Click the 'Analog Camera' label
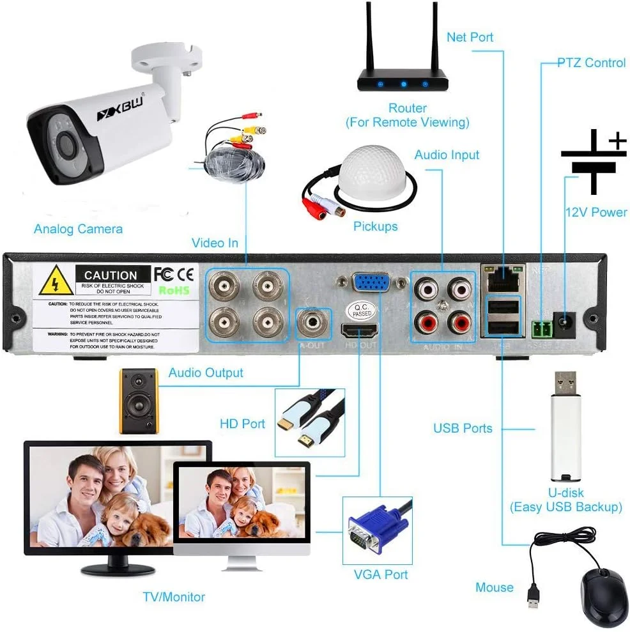[x=78, y=229]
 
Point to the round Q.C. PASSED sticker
[x=358, y=311]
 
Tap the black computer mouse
[x=604, y=596]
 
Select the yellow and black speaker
[x=138, y=401]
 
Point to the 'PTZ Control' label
[x=591, y=63]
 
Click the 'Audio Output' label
[x=206, y=373]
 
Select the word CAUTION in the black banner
[x=111, y=275]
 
